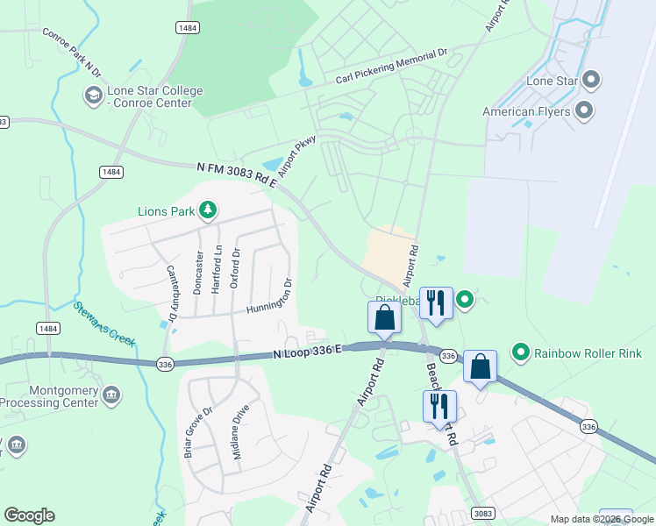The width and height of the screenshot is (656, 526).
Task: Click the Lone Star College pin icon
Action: pyautogui.click(x=92, y=94)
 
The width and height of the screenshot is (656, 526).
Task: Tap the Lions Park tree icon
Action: pyautogui.click(x=208, y=210)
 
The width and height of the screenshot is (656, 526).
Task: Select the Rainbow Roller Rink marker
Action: pyautogui.click(x=521, y=353)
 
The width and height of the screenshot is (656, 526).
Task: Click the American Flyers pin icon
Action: pyautogui.click(x=583, y=111)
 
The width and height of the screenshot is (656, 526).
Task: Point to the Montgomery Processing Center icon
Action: pyautogui.click(x=111, y=394)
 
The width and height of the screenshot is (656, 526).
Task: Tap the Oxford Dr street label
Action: pyautogui.click(x=235, y=267)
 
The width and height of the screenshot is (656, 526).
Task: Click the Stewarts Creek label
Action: pyautogui.click(x=104, y=323)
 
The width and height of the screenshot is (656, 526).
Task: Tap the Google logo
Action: pyautogui.click(x=29, y=515)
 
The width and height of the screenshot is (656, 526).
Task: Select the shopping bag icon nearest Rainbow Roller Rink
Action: pyautogui.click(x=481, y=366)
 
